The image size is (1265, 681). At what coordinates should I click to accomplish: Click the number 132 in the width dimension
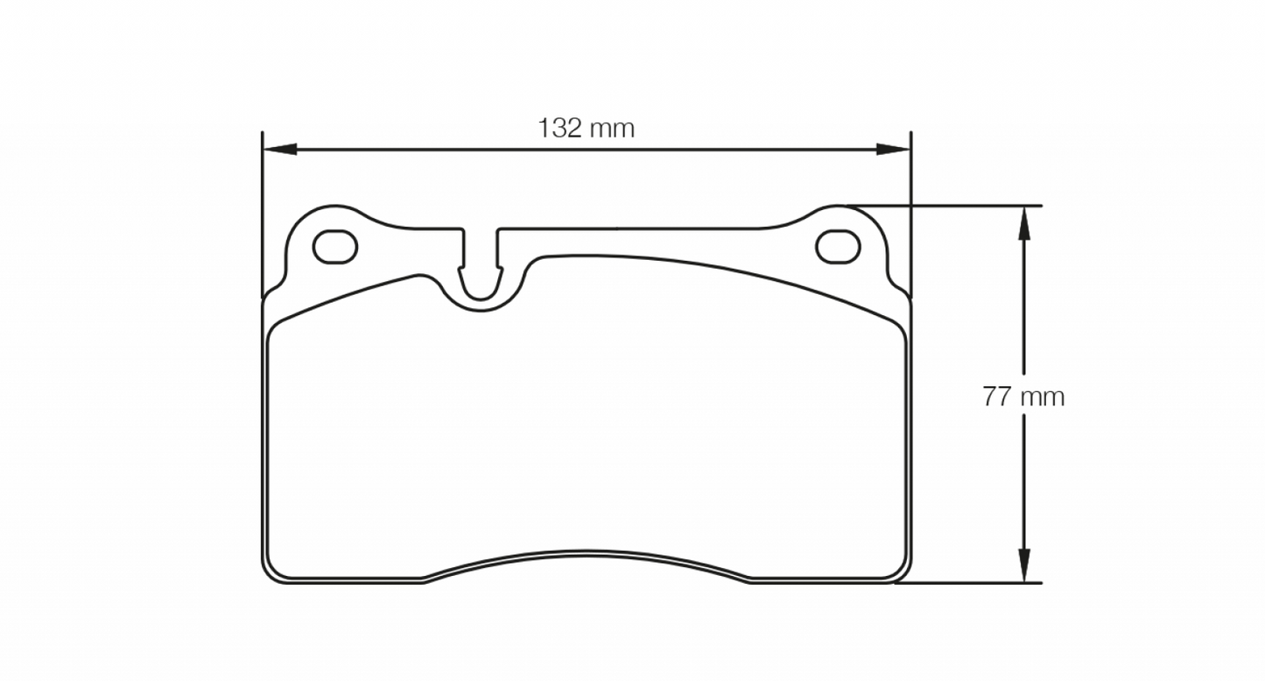pyautogui.click(x=559, y=129)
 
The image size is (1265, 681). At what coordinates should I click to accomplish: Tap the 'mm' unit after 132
pyautogui.click(x=612, y=129)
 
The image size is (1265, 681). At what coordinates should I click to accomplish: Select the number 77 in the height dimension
pyautogui.click(x=996, y=397)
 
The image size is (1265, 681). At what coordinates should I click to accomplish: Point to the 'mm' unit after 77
pyautogui.click(x=1043, y=397)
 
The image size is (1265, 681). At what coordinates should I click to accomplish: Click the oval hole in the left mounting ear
pyautogui.click(x=335, y=248)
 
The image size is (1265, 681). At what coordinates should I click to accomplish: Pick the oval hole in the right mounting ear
pyautogui.click(x=838, y=247)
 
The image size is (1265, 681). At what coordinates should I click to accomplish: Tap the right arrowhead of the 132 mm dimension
pyautogui.click(x=894, y=150)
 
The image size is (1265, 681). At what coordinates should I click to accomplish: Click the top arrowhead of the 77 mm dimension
pyautogui.click(x=1023, y=223)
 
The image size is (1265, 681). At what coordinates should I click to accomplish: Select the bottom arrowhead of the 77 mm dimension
pyautogui.click(x=1023, y=565)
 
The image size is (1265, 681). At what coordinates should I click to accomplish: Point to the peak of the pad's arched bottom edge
pyautogui.click(x=587, y=551)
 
